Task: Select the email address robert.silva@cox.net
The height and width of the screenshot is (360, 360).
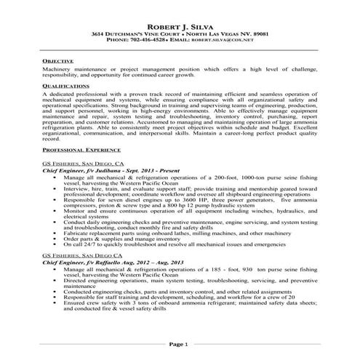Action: click(228, 42)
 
